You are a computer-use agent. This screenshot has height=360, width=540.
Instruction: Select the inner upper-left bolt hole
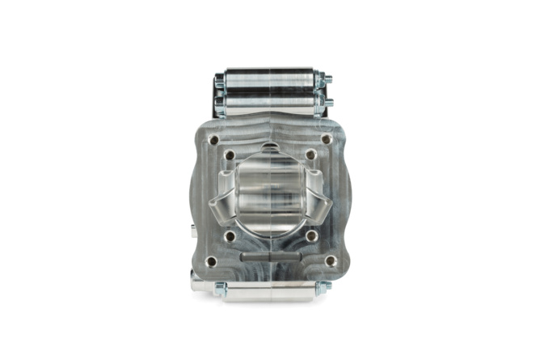(230, 155)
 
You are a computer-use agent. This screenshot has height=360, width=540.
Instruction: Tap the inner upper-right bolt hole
(310, 155)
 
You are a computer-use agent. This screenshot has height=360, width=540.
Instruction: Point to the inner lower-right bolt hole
(310, 236)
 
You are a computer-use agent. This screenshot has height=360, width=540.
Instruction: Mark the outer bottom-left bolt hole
(211, 261)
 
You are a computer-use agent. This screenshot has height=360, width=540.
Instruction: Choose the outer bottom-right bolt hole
(330, 261)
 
